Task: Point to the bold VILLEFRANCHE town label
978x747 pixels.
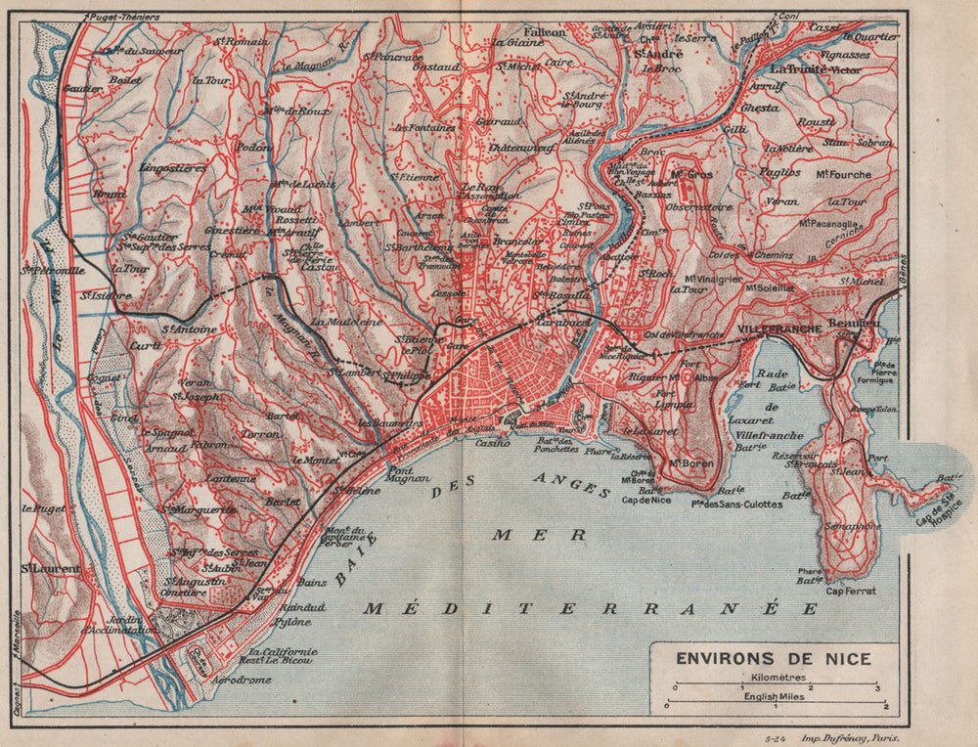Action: tap(779, 330)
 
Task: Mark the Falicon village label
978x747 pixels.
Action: tap(545, 32)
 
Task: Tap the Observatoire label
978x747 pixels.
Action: tap(698, 207)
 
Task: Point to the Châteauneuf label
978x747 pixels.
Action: tap(522, 147)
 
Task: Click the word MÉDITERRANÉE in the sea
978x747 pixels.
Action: tap(590, 608)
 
